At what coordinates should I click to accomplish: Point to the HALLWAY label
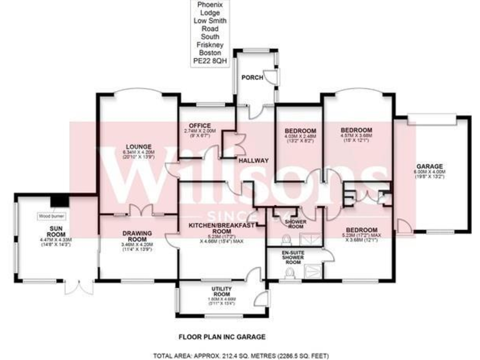(253, 161)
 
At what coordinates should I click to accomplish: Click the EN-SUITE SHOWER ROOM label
(292, 257)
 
